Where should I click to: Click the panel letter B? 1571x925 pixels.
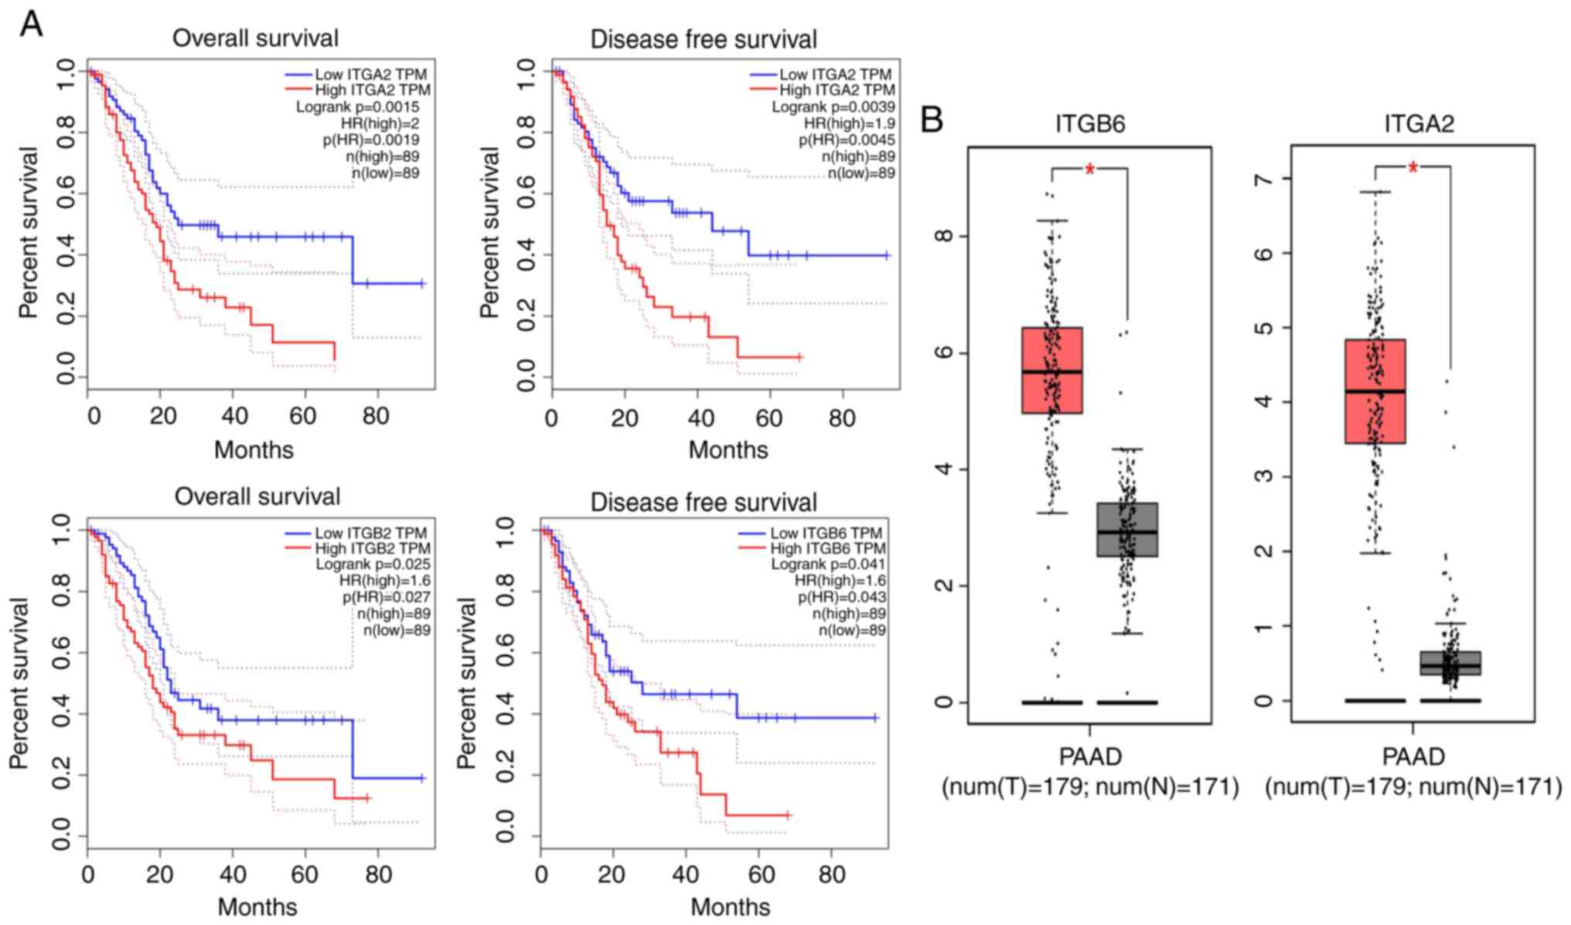[932, 120]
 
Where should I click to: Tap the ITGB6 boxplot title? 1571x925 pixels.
[1089, 124]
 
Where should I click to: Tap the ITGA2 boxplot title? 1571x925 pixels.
[1418, 124]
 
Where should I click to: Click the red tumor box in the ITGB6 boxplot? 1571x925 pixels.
[1051, 370]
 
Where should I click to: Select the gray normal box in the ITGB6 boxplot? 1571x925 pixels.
[1127, 530]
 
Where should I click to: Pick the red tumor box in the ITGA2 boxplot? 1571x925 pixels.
[1375, 391]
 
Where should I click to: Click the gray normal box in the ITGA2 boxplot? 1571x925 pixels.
[1450, 664]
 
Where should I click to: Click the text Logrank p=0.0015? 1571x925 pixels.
[357, 108]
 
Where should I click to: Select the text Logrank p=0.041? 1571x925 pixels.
[828, 565]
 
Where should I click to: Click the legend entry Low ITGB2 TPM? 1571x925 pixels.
[370, 533]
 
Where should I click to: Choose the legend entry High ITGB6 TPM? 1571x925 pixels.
[826, 548]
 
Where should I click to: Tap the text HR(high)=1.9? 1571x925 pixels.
[849, 124]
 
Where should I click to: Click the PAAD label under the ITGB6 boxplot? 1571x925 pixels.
[1089, 756]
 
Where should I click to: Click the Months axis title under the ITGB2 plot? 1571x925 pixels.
[257, 906]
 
